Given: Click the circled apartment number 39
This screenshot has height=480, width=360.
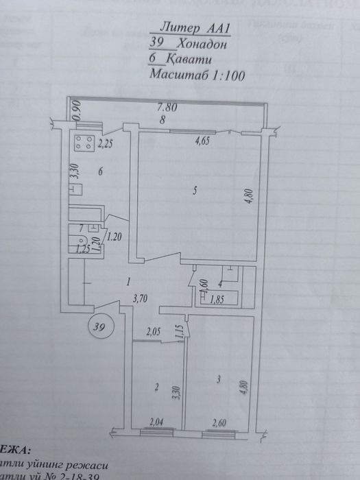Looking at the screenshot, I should click(101, 326).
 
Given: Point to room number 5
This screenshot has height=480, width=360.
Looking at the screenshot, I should click(195, 191).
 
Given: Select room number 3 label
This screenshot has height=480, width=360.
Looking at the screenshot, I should click(218, 378).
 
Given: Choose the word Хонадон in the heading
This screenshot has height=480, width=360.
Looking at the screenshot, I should click(202, 44).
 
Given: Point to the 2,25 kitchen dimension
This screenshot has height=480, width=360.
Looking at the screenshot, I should click(106, 144).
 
